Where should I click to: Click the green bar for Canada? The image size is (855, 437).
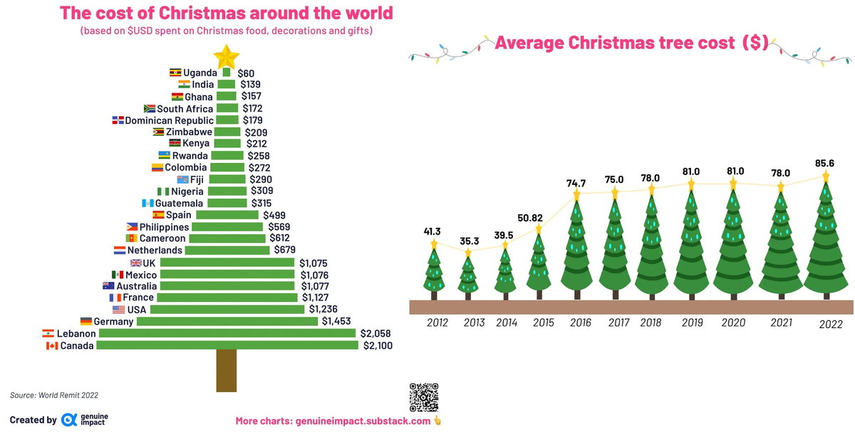pyautogui.click(x=227, y=345)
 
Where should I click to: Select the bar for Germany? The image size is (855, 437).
pyautogui.click(x=227, y=322)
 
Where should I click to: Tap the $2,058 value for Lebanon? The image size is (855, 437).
pyautogui.click(x=376, y=334)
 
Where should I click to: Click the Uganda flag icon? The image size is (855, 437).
pyautogui.click(x=175, y=73)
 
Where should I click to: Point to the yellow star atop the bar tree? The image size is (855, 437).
pyautogui.click(x=227, y=55)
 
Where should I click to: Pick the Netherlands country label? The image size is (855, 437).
pyautogui.click(x=155, y=251)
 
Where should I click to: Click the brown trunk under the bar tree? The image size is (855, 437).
pyautogui.click(x=227, y=370)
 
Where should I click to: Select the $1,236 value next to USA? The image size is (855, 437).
pyautogui.click(x=323, y=310)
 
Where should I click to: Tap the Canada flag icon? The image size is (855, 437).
pyautogui.click(x=51, y=346)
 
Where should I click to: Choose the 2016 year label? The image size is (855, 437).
pyautogui.click(x=581, y=323)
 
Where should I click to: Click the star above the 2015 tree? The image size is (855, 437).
pyautogui.click(x=539, y=229)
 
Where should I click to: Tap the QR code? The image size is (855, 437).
pyautogui.click(x=423, y=396)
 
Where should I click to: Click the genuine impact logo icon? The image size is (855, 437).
pyautogui.click(x=69, y=420)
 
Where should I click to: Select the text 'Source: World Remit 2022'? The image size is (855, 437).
pyautogui.click(x=54, y=394)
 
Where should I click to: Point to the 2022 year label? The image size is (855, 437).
pyautogui.click(x=831, y=325)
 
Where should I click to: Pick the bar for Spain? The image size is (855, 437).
pyautogui.click(x=227, y=215)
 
